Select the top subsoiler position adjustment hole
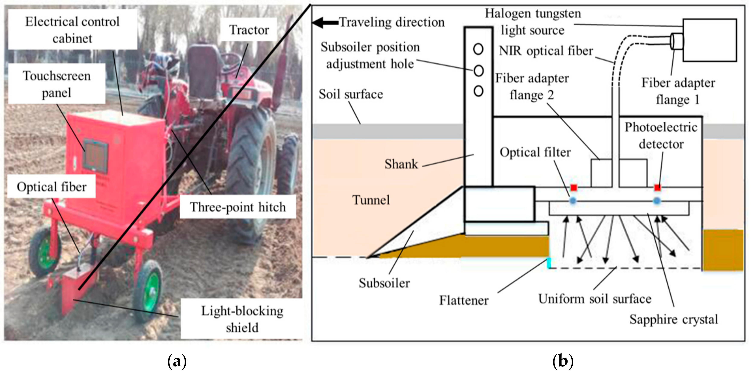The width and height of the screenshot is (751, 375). click(478, 49)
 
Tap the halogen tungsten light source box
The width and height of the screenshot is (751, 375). click(710, 40)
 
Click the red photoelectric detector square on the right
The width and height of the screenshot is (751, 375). click(657, 188)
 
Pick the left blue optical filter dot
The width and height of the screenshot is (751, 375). click(573, 201)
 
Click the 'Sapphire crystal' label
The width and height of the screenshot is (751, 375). click(674, 319)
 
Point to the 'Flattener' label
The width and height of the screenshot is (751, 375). click(464, 300)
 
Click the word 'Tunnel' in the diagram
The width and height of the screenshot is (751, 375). click(371, 200)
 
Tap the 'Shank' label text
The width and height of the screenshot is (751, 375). click(401, 164)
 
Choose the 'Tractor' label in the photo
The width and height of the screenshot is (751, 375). click(249, 30)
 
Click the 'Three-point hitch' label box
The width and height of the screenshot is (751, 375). click(238, 207)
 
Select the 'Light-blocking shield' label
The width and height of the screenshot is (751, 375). click(242, 319)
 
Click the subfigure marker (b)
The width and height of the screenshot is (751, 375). click(563, 362)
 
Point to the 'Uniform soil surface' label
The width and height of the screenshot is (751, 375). click(595, 299)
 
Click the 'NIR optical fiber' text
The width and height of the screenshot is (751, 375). click(546, 51)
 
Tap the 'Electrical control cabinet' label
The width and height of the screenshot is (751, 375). click(72, 30)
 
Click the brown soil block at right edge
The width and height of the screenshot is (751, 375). click(722, 250)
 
